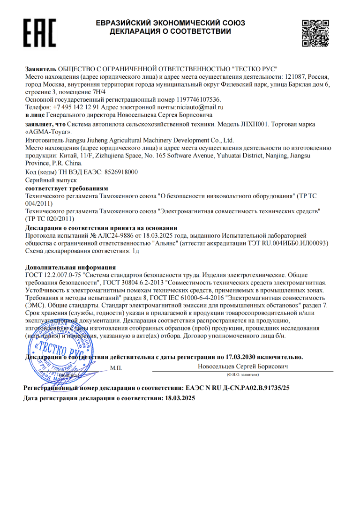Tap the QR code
315,33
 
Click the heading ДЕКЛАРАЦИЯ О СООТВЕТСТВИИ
170,31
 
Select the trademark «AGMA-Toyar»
47,132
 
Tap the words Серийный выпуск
50,180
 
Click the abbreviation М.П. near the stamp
116,368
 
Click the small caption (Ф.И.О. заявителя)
242,375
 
